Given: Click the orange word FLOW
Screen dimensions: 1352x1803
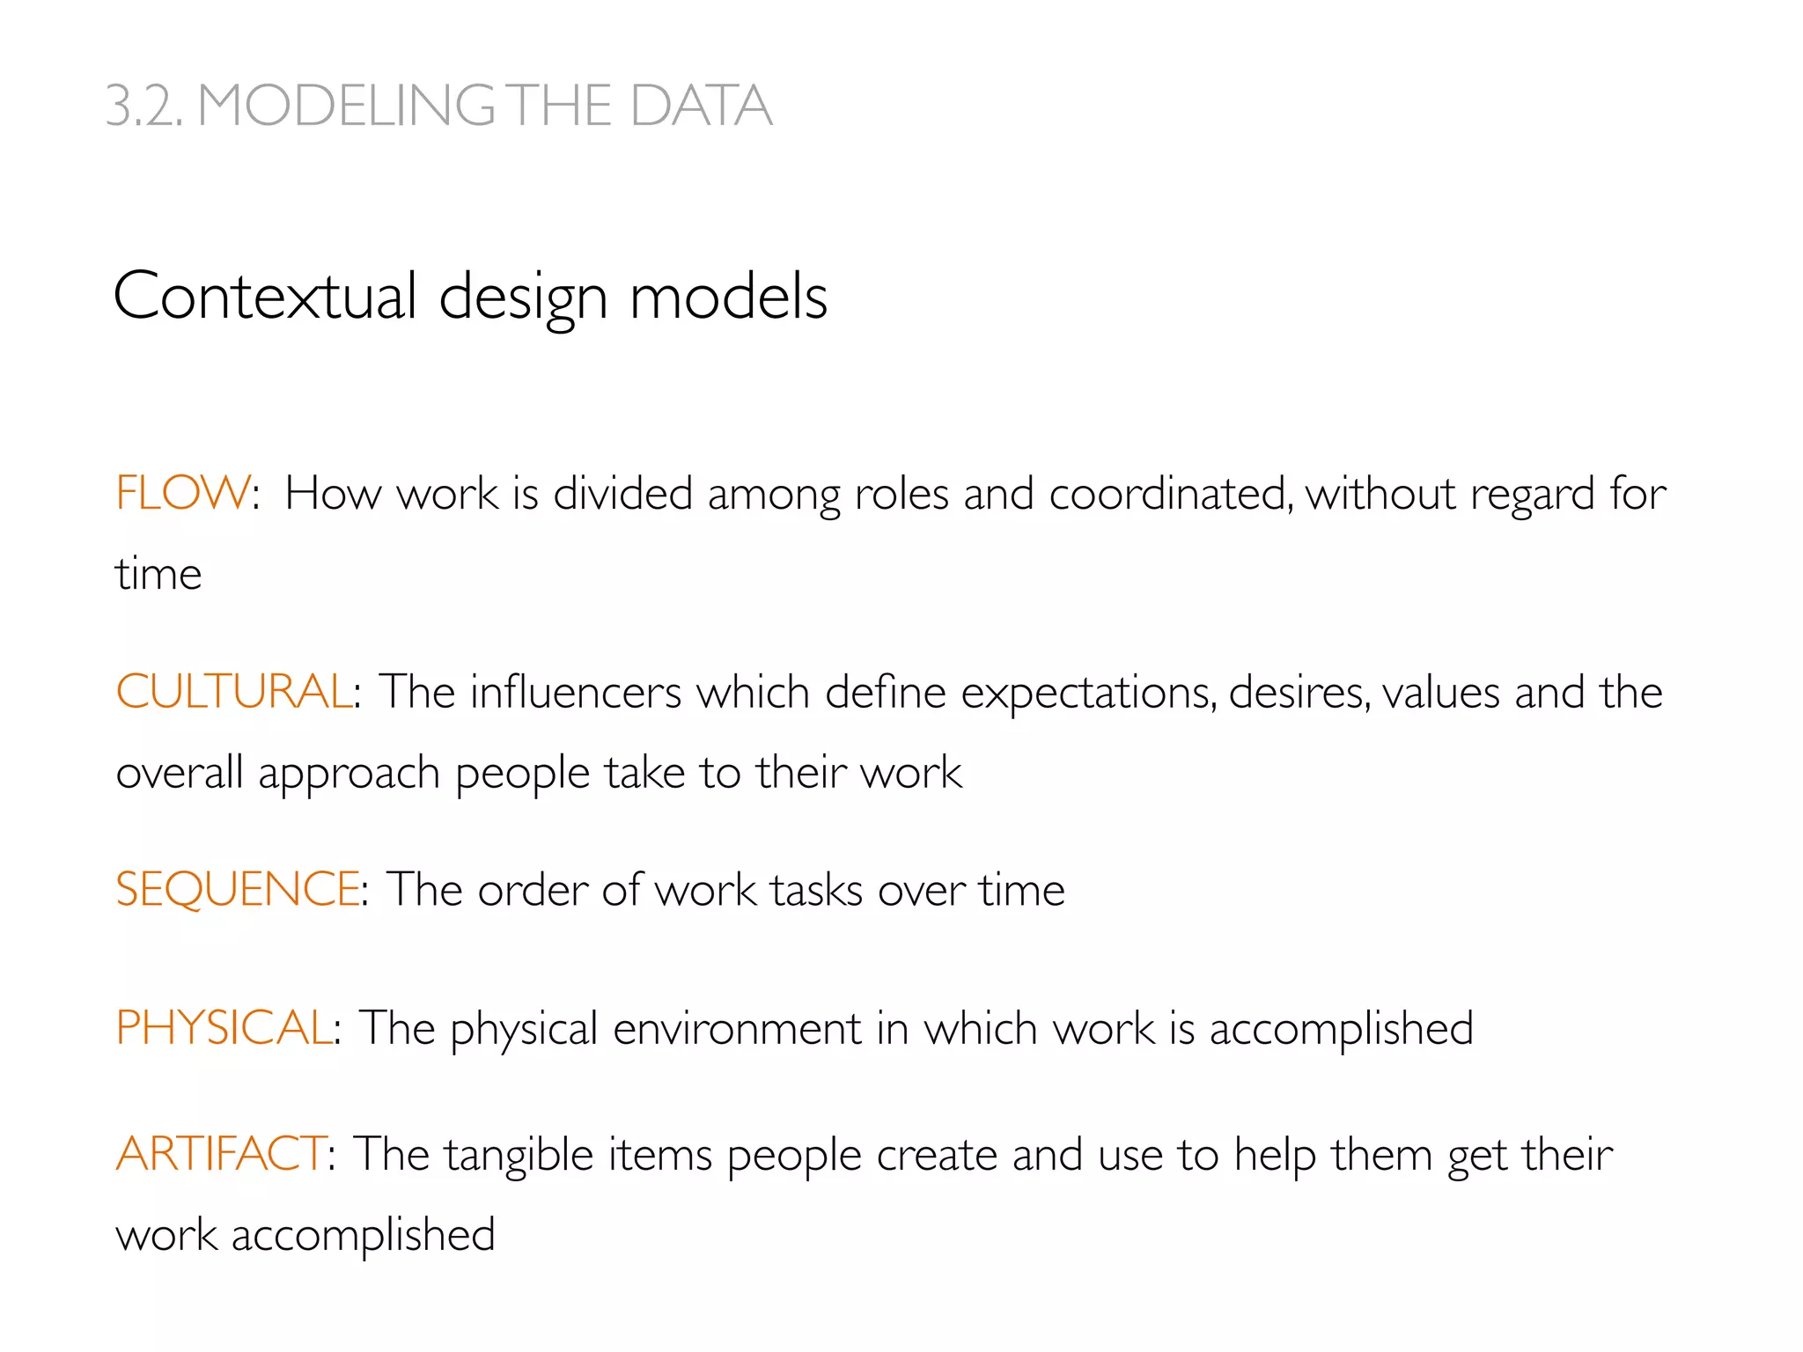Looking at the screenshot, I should (183, 493).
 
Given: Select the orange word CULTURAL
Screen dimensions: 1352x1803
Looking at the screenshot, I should (234, 692).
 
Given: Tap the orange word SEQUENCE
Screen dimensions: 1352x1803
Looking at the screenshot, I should (238, 889).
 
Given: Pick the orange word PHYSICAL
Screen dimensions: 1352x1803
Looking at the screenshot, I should (224, 1028).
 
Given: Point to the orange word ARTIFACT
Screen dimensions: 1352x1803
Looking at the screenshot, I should (221, 1154).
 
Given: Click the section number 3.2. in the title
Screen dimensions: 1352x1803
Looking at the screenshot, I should (144, 107).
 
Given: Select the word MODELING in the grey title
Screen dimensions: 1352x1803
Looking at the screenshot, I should (347, 107).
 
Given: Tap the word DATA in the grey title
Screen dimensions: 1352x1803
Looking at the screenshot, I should (701, 107).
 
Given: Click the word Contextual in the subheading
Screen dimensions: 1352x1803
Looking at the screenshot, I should (265, 297).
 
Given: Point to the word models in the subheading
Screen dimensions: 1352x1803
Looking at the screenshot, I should (728, 297).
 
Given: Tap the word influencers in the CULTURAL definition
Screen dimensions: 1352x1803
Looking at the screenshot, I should (576, 693).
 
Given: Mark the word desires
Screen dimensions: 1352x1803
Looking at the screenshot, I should (1299, 693).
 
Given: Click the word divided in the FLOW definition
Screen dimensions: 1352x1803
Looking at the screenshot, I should (622, 494).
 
